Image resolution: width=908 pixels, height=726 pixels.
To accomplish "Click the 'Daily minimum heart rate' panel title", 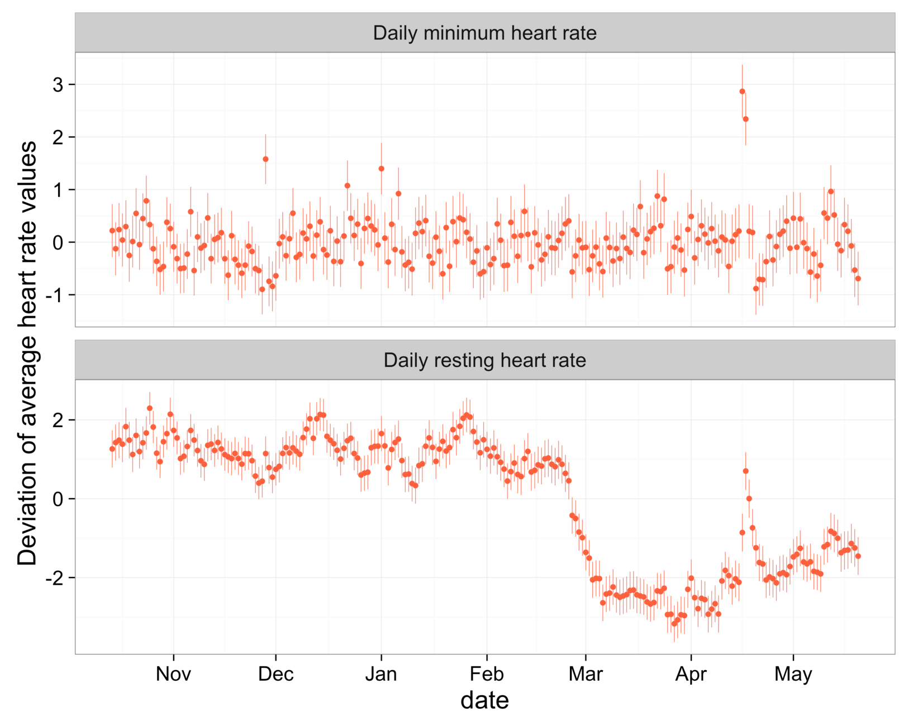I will (x=484, y=33).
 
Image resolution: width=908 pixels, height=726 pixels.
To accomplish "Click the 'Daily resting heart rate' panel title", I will (x=484, y=360).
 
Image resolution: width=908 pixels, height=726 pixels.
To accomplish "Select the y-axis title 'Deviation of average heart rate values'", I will (x=27, y=353).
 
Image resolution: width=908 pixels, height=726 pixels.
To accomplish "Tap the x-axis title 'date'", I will (x=484, y=700).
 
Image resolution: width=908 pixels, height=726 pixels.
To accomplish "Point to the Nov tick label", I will (x=173, y=674).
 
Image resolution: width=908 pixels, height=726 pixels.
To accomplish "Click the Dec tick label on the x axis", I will (x=275, y=674).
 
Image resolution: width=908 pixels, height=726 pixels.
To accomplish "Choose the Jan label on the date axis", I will (x=381, y=674).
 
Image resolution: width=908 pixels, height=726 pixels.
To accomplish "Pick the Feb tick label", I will (x=486, y=674).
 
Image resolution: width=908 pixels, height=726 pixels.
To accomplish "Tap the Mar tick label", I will (x=586, y=674).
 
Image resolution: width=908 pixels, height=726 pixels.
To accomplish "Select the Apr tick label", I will (x=691, y=674).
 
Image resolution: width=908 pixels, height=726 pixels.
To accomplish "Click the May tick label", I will (x=793, y=674).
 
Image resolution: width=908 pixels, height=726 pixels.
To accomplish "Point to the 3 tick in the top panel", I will (x=58, y=85).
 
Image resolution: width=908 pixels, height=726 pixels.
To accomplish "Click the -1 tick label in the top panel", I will (x=54, y=295).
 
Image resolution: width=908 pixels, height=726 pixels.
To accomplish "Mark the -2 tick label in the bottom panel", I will (x=54, y=578).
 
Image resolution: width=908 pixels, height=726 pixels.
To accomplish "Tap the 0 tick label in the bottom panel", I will (x=58, y=499).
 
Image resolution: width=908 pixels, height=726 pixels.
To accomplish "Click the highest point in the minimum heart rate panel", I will (x=742, y=92).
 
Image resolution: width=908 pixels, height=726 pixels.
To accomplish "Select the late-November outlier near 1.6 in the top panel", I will (x=265, y=159).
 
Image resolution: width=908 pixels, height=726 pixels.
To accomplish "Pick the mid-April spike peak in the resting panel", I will (x=745, y=471).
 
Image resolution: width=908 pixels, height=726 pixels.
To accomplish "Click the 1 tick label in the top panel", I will (x=58, y=190).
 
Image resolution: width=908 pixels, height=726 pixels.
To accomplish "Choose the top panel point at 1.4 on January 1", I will (x=381, y=168).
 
